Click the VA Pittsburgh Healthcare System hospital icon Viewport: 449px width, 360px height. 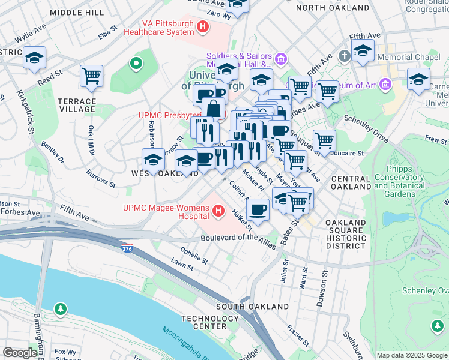coord(203,27)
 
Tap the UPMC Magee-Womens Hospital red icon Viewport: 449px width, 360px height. coord(218,211)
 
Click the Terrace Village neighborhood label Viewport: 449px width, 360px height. coord(77,105)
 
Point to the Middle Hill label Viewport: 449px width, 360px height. coord(77,12)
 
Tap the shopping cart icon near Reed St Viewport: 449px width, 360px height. coord(91,76)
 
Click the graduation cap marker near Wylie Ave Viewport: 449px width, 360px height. coord(35,58)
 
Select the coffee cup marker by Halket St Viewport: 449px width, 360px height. coord(258,211)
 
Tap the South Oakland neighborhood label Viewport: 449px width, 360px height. coord(252,307)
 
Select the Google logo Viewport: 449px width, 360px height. coord(20,353)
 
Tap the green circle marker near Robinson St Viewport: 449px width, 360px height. coord(136,62)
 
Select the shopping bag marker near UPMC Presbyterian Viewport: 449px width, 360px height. coord(213,110)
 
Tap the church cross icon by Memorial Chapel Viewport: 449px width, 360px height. coord(344,56)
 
